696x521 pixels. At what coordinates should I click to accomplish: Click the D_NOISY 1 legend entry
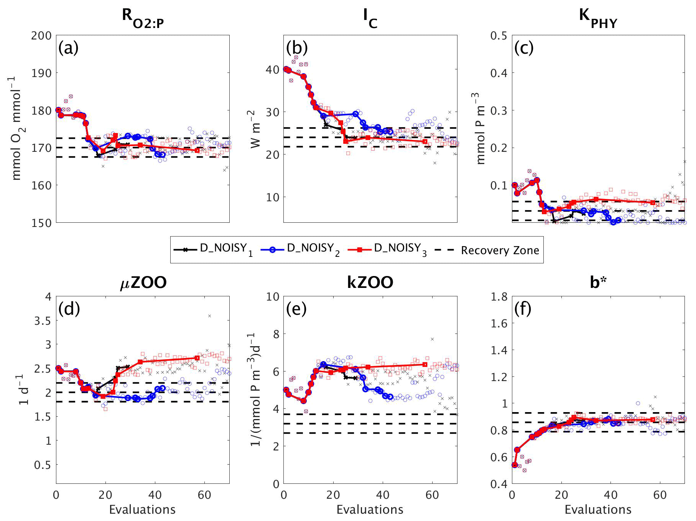coord(213,249)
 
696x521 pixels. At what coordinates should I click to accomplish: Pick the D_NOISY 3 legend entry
coord(387,249)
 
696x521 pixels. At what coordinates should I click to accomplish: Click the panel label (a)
coord(68,48)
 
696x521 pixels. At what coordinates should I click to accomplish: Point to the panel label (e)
coord(296,309)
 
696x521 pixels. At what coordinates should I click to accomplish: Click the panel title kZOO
coord(370,283)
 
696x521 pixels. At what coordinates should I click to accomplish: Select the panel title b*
coord(598,283)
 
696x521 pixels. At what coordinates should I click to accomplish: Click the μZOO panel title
coord(143,283)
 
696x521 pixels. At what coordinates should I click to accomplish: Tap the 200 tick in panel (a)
coord(41,36)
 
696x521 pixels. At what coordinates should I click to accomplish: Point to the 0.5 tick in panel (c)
coord(499,36)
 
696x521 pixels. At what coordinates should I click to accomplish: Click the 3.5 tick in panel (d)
coord(43,321)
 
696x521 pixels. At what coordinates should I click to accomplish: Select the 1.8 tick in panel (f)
coord(499,297)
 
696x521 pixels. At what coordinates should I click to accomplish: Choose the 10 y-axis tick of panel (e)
coord(273,297)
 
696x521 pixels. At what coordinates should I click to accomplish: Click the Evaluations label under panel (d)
coord(142,509)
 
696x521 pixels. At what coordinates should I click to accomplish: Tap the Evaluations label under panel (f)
coord(598,509)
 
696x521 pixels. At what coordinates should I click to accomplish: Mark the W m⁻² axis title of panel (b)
coord(255,129)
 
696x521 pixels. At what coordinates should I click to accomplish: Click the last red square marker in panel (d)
coord(197,358)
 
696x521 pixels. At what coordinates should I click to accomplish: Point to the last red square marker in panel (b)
coord(425,141)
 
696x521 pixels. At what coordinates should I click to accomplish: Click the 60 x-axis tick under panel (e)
coord(432,495)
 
